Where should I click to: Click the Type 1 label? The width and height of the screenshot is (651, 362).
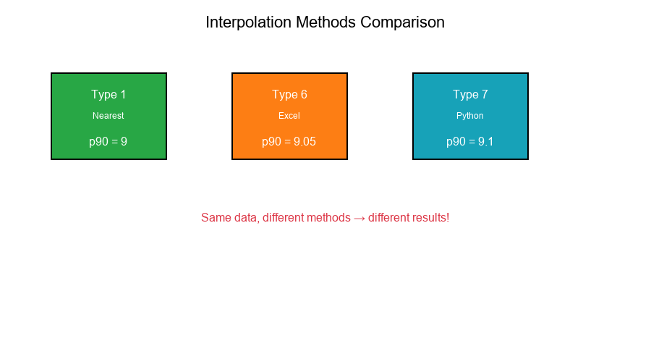click(x=109, y=95)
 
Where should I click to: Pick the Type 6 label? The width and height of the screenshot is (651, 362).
click(x=289, y=95)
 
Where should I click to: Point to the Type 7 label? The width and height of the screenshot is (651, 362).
click(x=470, y=95)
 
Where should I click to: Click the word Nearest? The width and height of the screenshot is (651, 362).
click(x=109, y=116)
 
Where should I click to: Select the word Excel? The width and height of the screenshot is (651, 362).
click(x=289, y=116)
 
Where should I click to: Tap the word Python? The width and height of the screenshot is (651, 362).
click(x=470, y=116)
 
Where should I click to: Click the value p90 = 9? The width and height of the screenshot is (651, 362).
click(x=109, y=142)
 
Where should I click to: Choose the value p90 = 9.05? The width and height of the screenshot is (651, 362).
click(x=289, y=142)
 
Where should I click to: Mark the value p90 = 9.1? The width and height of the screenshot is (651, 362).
click(x=470, y=142)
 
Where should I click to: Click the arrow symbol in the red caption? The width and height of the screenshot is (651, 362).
click(x=359, y=218)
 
